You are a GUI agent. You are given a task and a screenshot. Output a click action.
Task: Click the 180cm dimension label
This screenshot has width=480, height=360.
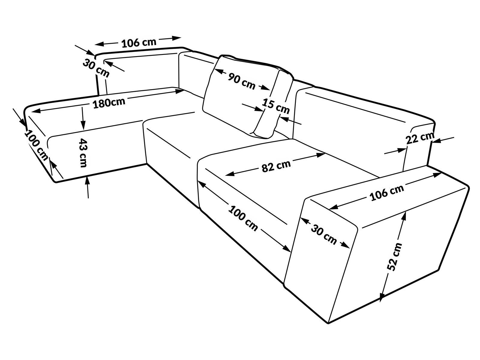109,103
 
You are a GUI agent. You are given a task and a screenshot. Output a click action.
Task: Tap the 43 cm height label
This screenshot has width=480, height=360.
82,153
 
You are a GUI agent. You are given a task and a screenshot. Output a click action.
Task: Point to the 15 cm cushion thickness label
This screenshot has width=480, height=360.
276,106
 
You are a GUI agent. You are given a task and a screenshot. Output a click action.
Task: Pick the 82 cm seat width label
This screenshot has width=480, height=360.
276,166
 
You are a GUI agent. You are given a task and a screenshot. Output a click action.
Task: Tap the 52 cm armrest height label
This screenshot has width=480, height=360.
394,257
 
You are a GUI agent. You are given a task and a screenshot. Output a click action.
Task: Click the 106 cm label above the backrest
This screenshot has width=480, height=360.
139,43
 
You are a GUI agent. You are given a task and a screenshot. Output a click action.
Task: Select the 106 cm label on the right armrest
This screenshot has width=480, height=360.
387,193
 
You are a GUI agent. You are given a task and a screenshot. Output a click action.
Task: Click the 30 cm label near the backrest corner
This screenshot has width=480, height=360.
96,68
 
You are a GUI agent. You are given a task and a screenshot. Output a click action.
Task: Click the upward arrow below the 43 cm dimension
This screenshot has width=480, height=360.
88,186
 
